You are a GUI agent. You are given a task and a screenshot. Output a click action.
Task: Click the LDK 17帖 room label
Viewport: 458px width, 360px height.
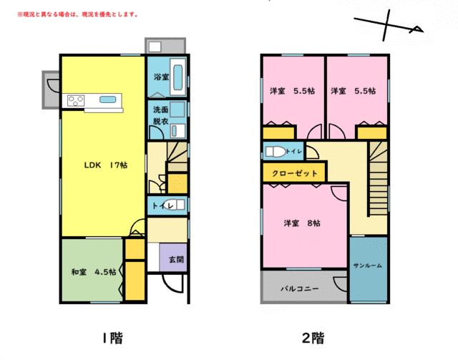(106, 165)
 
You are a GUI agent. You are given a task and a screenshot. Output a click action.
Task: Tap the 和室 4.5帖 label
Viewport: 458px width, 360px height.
(94, 271)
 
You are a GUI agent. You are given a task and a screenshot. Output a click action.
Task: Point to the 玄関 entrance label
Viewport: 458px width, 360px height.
(175, 260)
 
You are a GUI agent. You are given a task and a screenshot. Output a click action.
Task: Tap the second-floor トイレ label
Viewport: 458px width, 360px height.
(293, 152)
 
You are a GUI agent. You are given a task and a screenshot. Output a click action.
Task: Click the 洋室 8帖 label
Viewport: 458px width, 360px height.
(301, 223)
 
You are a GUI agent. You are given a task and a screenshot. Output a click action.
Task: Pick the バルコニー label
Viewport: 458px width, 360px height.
(298, 289)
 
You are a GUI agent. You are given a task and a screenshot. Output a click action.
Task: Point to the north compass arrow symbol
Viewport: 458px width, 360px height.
(389, 29)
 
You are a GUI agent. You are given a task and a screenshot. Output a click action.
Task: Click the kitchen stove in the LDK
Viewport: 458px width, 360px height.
(77, 99)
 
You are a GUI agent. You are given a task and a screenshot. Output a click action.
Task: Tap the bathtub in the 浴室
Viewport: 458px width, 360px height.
(177, 74)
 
